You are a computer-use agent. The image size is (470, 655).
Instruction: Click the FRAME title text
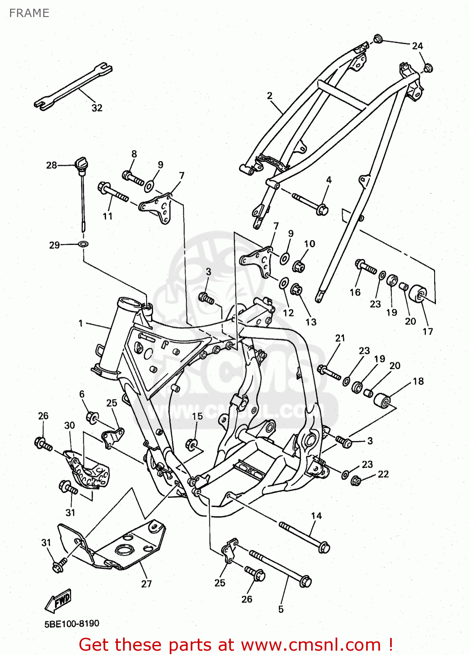coord(29,13)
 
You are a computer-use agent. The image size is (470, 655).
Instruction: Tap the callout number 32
coord(97,108)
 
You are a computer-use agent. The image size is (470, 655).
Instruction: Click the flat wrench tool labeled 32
coord(73,86)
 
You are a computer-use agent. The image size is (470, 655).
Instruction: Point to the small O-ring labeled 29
coord(82,243)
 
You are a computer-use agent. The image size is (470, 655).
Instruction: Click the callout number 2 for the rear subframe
coord(270,96)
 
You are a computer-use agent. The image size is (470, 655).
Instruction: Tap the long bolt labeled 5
coord(279,568)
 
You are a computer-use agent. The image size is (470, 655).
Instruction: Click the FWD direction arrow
coord(58,600)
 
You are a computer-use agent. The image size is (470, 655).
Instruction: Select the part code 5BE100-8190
coord(72,624)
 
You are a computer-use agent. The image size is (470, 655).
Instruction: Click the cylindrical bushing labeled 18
coord(382,400)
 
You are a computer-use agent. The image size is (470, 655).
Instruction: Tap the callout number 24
coord(418,46)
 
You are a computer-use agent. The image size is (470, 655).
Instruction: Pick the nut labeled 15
coord(191,445)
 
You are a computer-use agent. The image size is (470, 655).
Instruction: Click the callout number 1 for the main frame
coord(81,323)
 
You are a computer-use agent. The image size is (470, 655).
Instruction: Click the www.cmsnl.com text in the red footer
coord(311,645)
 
